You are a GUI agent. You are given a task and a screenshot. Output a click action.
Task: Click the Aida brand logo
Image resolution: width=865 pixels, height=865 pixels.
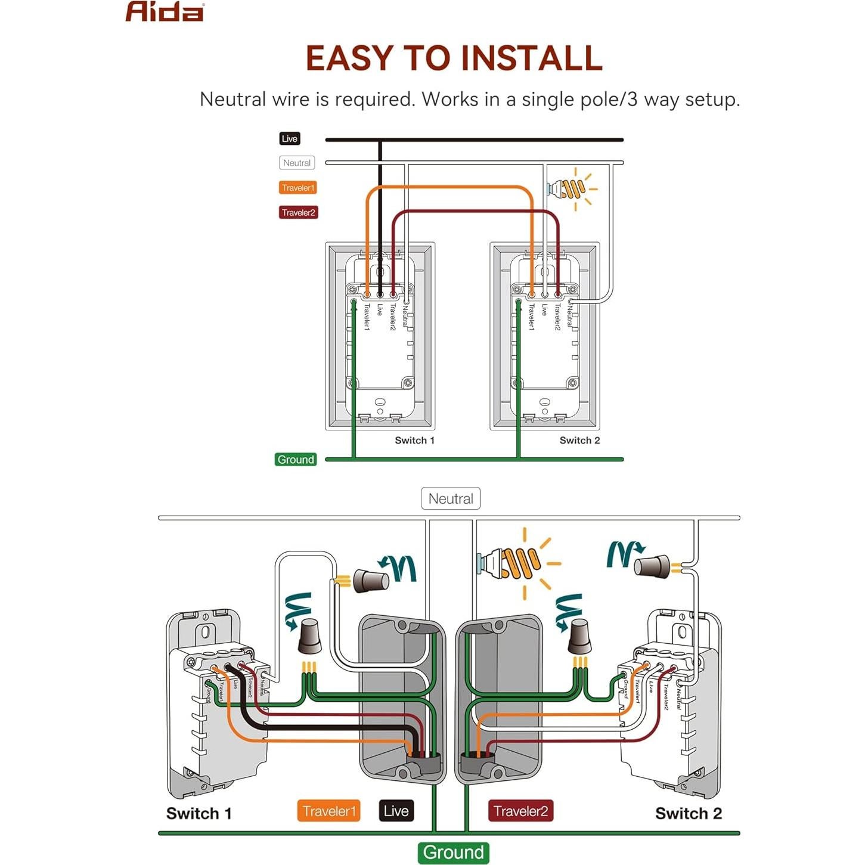pos(165,12)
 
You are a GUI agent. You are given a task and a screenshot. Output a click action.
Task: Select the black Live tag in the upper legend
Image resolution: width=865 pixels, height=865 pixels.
pos(289,139)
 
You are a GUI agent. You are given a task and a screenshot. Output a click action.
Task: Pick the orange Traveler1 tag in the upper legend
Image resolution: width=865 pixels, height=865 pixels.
pos(297,188)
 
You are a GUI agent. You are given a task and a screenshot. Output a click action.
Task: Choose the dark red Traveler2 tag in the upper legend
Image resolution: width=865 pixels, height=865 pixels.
pos(298,213)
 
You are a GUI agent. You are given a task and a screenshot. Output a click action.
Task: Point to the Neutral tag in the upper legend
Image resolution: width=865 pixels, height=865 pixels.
pos(297,163)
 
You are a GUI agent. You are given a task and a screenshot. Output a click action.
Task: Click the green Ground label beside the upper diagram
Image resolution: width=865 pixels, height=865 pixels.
pos(295,460)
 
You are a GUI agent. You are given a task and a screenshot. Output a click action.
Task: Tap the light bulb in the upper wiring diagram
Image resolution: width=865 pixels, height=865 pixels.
pos(569,188)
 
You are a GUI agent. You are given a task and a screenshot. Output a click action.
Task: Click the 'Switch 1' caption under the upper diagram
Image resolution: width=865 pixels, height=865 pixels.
pos(414,441)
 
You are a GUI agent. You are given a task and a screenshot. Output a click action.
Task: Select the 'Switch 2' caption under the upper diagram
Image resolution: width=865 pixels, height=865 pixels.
pos(579,441)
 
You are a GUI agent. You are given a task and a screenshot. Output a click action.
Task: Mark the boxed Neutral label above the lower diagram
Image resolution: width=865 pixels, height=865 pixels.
pos(451,499)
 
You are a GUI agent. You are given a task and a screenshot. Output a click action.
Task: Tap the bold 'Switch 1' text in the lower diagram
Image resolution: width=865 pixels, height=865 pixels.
pos(199,814)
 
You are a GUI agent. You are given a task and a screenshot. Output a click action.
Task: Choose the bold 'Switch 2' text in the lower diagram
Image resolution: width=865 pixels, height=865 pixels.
pos(689,814)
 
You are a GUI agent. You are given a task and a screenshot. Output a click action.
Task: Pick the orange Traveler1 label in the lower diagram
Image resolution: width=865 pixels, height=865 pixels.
pos(328,811)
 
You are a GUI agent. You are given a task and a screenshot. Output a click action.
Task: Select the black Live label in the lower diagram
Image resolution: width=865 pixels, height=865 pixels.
pos(396,811)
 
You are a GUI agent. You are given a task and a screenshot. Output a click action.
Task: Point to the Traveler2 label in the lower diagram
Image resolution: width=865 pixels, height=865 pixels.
pos(520,811)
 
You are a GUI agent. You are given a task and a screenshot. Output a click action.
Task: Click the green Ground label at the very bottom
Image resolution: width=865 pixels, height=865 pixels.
pos(453,852)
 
